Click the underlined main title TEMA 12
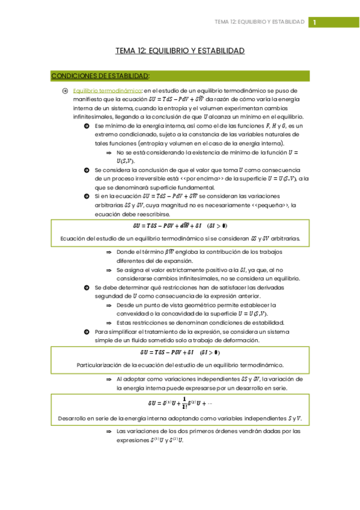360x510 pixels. coord(180,51)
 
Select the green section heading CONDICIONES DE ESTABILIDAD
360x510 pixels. coord(100,76)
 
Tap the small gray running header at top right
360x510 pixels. coord(260,22)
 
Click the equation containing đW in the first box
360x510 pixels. coord(180,227)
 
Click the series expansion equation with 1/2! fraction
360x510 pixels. coord(180,404)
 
